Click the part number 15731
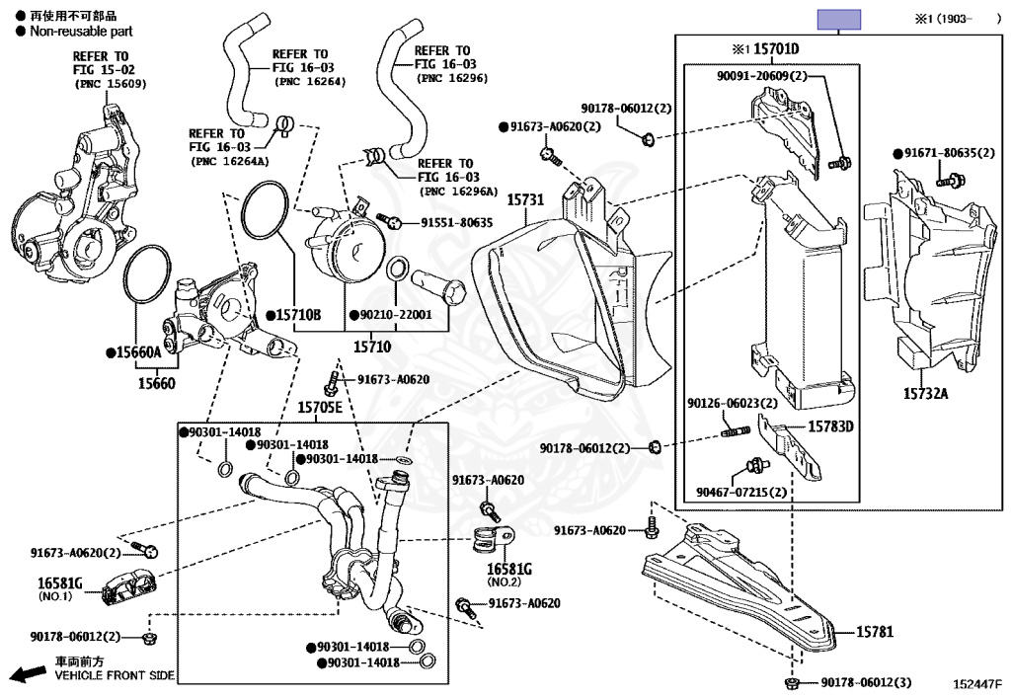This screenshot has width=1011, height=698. tap(525, 199)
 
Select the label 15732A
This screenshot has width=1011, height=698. tap(925, 394)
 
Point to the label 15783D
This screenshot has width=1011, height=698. tap(831, 427)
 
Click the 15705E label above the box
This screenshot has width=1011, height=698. tap(319, 407)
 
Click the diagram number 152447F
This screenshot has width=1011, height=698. tap(976, 683)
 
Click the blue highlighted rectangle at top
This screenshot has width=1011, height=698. tap(838, 19)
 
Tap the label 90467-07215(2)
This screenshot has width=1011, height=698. tap(740, 492)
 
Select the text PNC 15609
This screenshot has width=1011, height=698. tap(111, 84)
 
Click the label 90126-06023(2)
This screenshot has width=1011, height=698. tap(733, 403)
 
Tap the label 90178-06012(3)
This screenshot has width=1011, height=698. tap(866, 683)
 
